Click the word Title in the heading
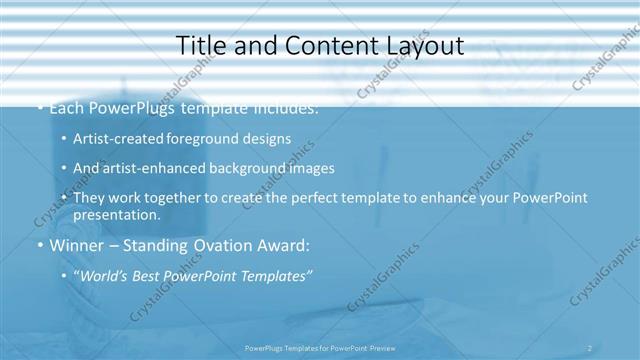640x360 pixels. pos(201,46)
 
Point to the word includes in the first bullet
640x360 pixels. pos(286,107)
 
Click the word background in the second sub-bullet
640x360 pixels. pos(237,168)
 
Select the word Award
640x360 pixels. pos(283,246)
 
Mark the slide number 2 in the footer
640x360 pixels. pos(589,348)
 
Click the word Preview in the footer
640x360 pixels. pos(378,348)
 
